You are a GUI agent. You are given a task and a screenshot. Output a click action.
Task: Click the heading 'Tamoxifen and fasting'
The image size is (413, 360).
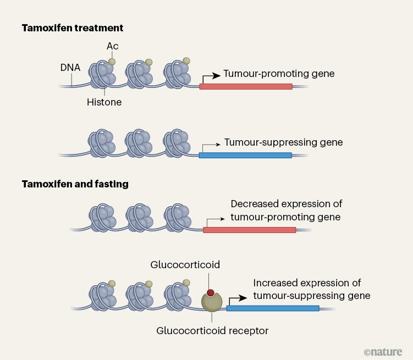coord(75,184)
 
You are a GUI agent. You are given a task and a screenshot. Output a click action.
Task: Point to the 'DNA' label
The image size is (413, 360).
coord(70,69)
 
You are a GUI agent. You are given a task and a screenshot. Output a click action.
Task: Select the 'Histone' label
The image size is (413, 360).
coord(104,102)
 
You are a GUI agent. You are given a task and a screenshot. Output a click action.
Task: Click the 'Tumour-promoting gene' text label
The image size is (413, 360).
coord(279,73)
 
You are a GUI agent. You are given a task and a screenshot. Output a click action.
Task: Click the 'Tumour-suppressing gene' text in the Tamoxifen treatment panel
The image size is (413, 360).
coord(283,142)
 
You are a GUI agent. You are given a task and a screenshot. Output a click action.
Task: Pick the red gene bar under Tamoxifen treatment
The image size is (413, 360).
coord(245,86)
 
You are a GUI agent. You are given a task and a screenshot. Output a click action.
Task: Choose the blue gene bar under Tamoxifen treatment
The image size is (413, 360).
coord(245,156)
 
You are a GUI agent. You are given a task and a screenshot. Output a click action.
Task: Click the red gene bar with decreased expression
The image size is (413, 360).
coord(249,230)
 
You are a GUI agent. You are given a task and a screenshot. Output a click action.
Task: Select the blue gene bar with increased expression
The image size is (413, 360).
coord(273,308)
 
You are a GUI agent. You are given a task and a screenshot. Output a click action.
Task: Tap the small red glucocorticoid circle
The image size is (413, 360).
coord(211,293)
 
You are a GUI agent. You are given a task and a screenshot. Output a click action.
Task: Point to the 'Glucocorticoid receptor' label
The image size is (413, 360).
coord(212,331)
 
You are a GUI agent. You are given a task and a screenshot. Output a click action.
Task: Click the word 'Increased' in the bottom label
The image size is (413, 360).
coord(275,283)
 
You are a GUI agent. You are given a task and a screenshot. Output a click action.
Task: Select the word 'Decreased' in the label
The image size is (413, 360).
coord(254,204)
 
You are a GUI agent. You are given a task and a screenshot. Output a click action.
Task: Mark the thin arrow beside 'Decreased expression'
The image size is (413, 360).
coord(214,220)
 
